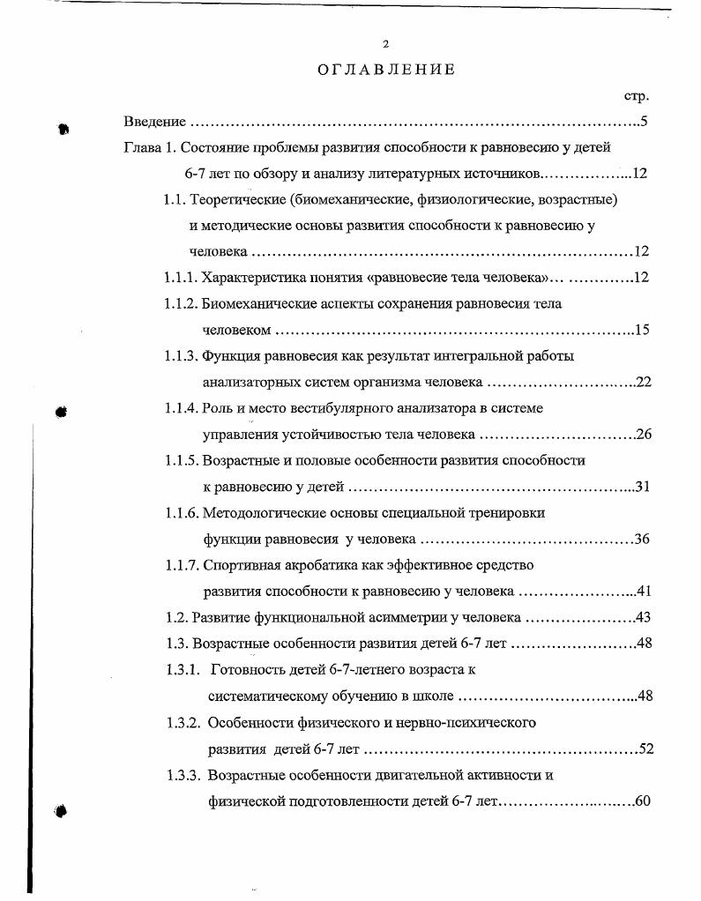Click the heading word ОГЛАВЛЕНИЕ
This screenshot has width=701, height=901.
(x=386, y=70)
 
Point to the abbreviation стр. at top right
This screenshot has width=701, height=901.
(x=636, y=95)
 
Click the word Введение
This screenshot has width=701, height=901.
(x=154, y=122)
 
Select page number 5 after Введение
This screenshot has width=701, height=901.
(x=645, y=122)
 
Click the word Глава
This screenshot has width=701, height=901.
(x=141, y=147)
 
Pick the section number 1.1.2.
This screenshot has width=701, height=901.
(x=180, y=304)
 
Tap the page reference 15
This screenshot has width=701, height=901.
(x=641, y=331)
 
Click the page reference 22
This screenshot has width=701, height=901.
(x=642, y=383)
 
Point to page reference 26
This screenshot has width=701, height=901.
(x=642, y=435)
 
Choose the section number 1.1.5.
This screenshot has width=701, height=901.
(x=181, y=460)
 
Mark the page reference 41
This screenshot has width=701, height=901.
(x=643, y=591)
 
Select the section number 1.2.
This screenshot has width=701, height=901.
(x=176, y=617)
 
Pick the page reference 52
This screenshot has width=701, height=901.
(x=645, y=749)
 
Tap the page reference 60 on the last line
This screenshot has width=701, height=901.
(x=642, y=801)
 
